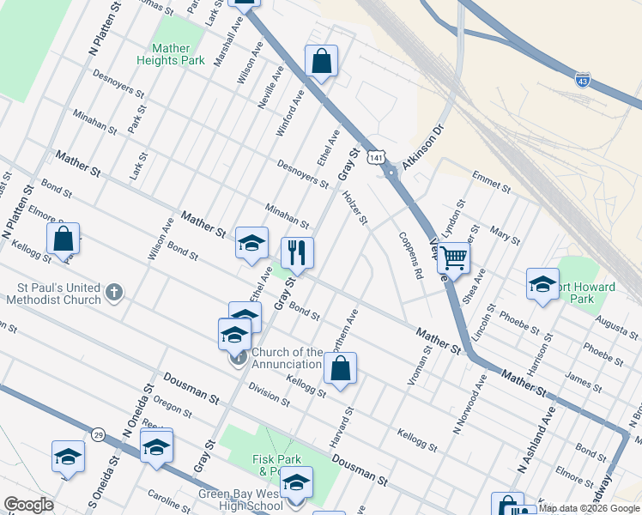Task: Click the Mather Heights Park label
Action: click(x=171, y=55)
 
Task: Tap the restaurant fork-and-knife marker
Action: click(x=297, y=252)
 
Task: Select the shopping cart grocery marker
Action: click(x=453, y=256)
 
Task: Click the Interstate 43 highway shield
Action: click(x=583, y=80)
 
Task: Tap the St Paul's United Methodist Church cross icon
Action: click(x=113, y=294)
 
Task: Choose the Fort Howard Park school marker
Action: click(x=543, y=284)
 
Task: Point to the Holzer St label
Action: click(x=354, y=209)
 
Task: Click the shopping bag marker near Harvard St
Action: click(x=341, y=368)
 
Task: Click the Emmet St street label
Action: click(x=491, y=182)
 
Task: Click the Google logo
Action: click(x=28, y=505)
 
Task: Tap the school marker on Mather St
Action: click(x=251, y=243)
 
